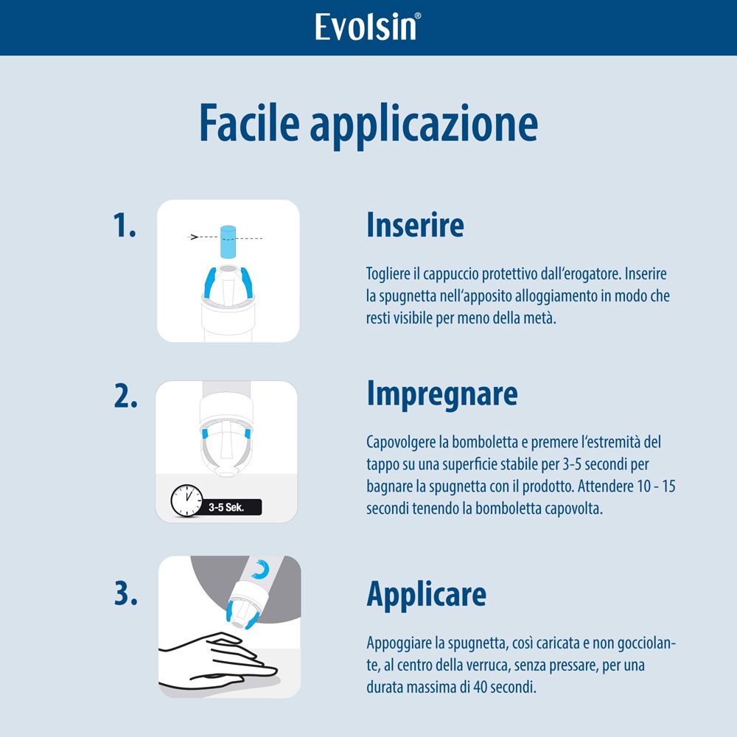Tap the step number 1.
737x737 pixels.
pyautogui.click(x=125, y=226)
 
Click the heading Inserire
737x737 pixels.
pyautogui.click(x=415, y=226)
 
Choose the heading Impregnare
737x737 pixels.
pyautogui.click(x=442, y=395)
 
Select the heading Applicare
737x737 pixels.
pyautogui.click(x=426, y=594)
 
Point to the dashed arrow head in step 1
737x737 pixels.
pyautogui.click(x=195, y=237)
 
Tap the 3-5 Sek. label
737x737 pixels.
pyautogui.click(x=226, y=508)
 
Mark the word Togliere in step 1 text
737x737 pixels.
pyautogui.click(x=388, y=274)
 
